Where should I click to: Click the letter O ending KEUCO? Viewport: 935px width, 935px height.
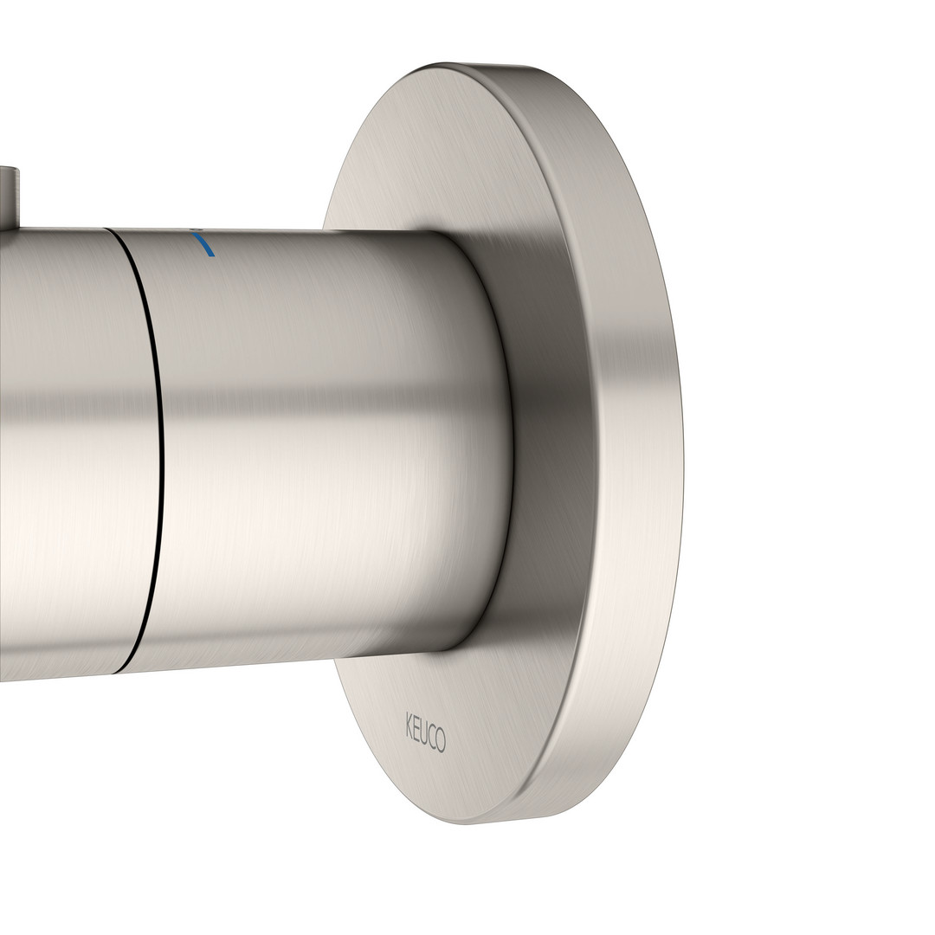441,741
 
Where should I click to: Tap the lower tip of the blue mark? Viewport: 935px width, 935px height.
213,256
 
